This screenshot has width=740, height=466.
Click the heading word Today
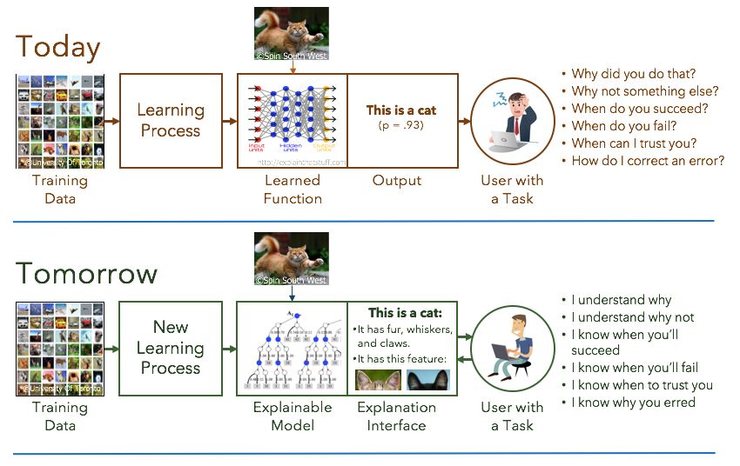(x=58, y=47)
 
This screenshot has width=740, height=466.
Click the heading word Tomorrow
(x=86, y=274)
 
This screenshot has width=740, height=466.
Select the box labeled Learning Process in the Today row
(x=170, y=121)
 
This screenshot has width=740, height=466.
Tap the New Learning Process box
(x=170, y=348)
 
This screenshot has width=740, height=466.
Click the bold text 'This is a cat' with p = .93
(x=401, y=110)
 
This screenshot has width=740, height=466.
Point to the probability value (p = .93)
(x=401, y=127)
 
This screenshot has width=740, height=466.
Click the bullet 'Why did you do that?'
(x=633, y=74)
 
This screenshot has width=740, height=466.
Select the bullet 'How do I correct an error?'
(x=648, y=161)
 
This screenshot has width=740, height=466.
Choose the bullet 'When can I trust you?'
(x=634, y=143)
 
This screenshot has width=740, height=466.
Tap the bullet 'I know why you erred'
(x=633, y=403)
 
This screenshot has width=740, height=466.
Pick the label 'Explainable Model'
(x=293, y=416)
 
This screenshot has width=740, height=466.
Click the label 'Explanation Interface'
(x=397, y=416)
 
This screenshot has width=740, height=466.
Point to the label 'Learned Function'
(x=293, y=190)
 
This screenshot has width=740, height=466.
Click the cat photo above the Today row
(x=292, y=33)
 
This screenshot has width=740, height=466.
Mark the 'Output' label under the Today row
(x=397, y=181)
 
